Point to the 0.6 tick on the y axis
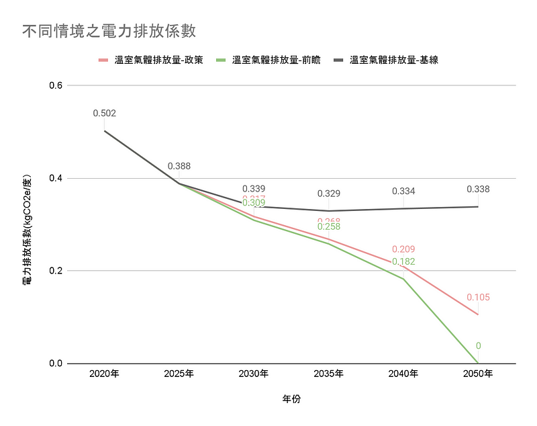click(x=55, y=85)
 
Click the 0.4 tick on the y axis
click(x=55, y=178)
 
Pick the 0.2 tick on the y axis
click(x=55, y=271)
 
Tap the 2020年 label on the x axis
click(x=104, y=374)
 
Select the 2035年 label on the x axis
click(x=329, y=374)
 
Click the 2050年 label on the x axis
click(x=479, y=374)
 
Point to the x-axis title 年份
click(x=291, y=398)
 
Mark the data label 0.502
click(x=104, y=114)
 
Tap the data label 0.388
click(x=179, y=166)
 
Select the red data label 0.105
click(x=479, y=298)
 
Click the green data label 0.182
click(x=403, y=261)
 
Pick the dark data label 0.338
click(x=479, y=189)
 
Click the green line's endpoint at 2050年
click(x=479, y=364)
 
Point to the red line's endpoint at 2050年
click(x=479, y=314)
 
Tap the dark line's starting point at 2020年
click(x=104, y=130)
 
